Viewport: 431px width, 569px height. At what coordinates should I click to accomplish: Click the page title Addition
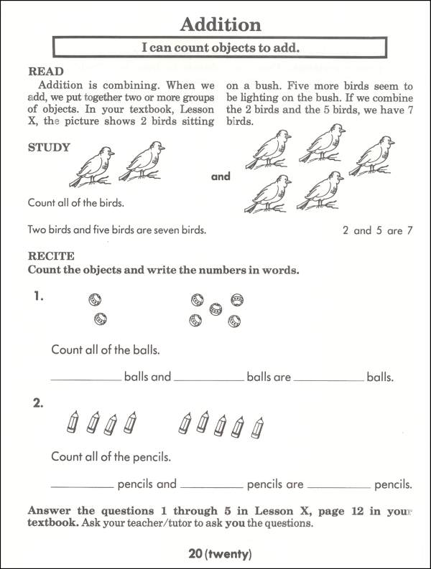click(x=220, y=25)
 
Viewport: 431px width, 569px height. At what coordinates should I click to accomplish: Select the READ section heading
click(x=45, y=72)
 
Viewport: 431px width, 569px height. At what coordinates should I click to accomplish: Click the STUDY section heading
click(x=49, y=148)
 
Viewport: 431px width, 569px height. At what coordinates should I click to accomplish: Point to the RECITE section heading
click(x=50, y=255)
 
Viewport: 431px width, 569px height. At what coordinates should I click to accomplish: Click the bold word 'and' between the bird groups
click(x=221, y=177)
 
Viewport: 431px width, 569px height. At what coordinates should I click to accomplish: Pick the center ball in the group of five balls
click(x=215, y=309)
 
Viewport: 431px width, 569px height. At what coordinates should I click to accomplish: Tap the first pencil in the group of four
click(x=73, y=422)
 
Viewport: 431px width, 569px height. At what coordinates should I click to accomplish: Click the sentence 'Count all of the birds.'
click(x=75, y=203)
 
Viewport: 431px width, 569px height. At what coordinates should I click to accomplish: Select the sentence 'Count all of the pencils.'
click(x=111, y=457)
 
